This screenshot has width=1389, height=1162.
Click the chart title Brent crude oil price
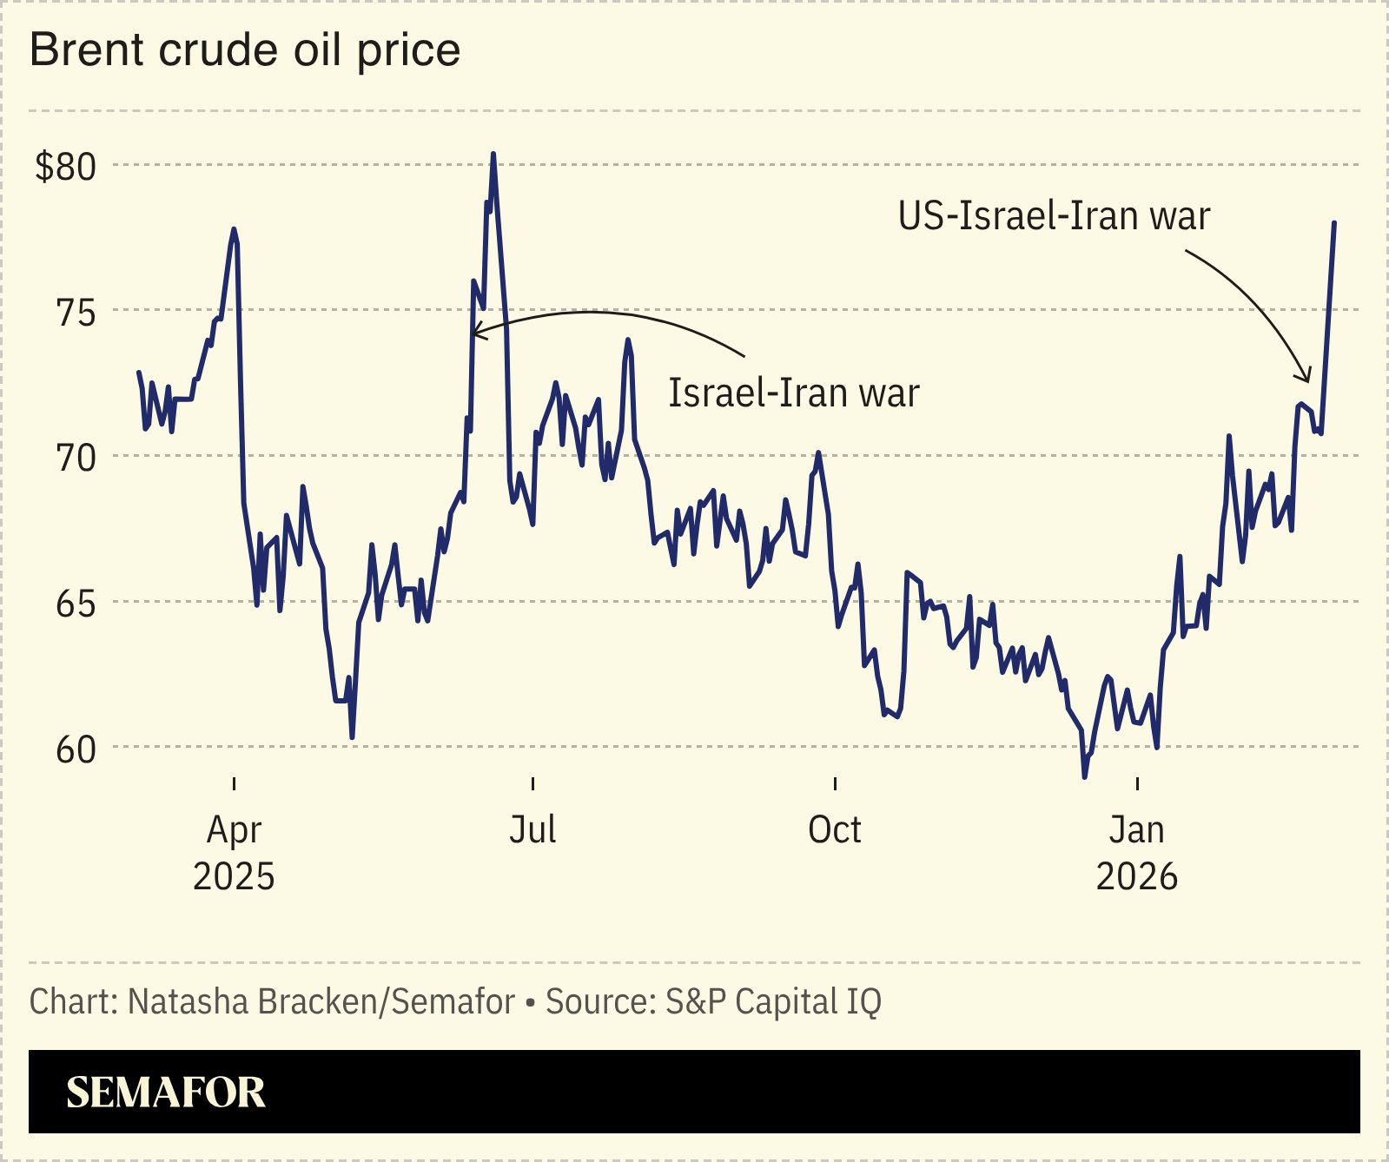[x=245, y=50]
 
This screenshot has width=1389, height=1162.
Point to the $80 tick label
[x=65, y=167]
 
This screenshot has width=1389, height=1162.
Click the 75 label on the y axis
[x=76, y=313]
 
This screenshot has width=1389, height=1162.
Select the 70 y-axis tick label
[x=76, y=458]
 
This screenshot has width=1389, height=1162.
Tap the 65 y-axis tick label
[x=76, y=604]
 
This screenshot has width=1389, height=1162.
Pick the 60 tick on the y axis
[x=76, y=749]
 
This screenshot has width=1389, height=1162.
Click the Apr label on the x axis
[x=234, y=831]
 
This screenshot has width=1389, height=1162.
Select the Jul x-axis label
[x=532, y=830]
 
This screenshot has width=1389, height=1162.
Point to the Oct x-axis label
[x=835, y=830]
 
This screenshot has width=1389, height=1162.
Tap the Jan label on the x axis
[x=1137, y=830]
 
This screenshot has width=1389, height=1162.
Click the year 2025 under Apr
[x=234, y=877]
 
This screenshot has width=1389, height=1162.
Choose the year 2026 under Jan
[x=1137, y=877]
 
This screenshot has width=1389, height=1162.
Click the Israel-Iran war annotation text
[x=793, y=393]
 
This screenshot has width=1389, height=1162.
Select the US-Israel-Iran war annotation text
[x=1054, y=216]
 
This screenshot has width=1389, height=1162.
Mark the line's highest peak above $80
[x=493, y=155]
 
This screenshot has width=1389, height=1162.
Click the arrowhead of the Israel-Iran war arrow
[x=473, y=332]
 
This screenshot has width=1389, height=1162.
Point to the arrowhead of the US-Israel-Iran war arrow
[x=1306, y=379]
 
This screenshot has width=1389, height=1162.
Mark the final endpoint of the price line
[x=1334, y=223]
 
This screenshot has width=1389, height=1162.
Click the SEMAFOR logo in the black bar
[x=166, y=1093]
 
